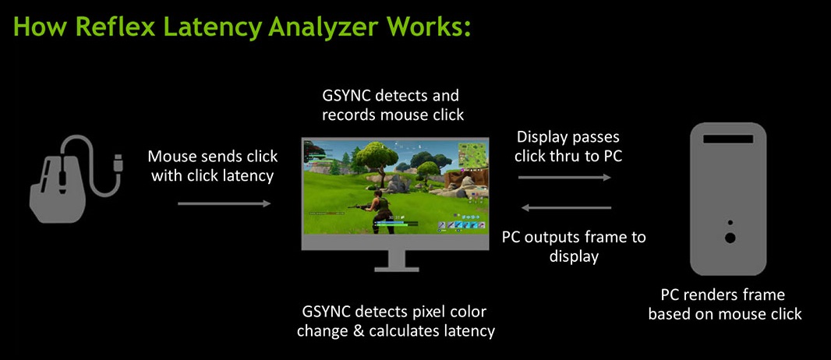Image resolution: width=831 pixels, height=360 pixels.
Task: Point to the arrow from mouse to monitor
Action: click(225, 203)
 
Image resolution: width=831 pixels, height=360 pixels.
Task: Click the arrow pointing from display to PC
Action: click(564, 178)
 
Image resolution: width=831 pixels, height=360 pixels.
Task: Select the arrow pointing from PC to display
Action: click(567, 208)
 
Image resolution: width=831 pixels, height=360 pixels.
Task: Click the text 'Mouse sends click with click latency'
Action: click(213, 166)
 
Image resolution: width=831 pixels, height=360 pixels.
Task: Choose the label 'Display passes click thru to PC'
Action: click(568, 146)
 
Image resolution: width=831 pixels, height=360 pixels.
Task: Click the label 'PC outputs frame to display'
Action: click(574, 246)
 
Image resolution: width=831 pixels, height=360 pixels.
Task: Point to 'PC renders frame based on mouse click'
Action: click(724, 304)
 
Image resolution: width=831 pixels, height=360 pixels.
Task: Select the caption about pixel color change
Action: click(396, 321)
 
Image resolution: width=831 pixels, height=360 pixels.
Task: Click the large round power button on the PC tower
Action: click(730, 238)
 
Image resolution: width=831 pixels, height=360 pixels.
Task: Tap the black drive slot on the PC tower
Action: click(728, 139)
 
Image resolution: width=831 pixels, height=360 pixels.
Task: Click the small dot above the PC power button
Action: click(730, 223)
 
